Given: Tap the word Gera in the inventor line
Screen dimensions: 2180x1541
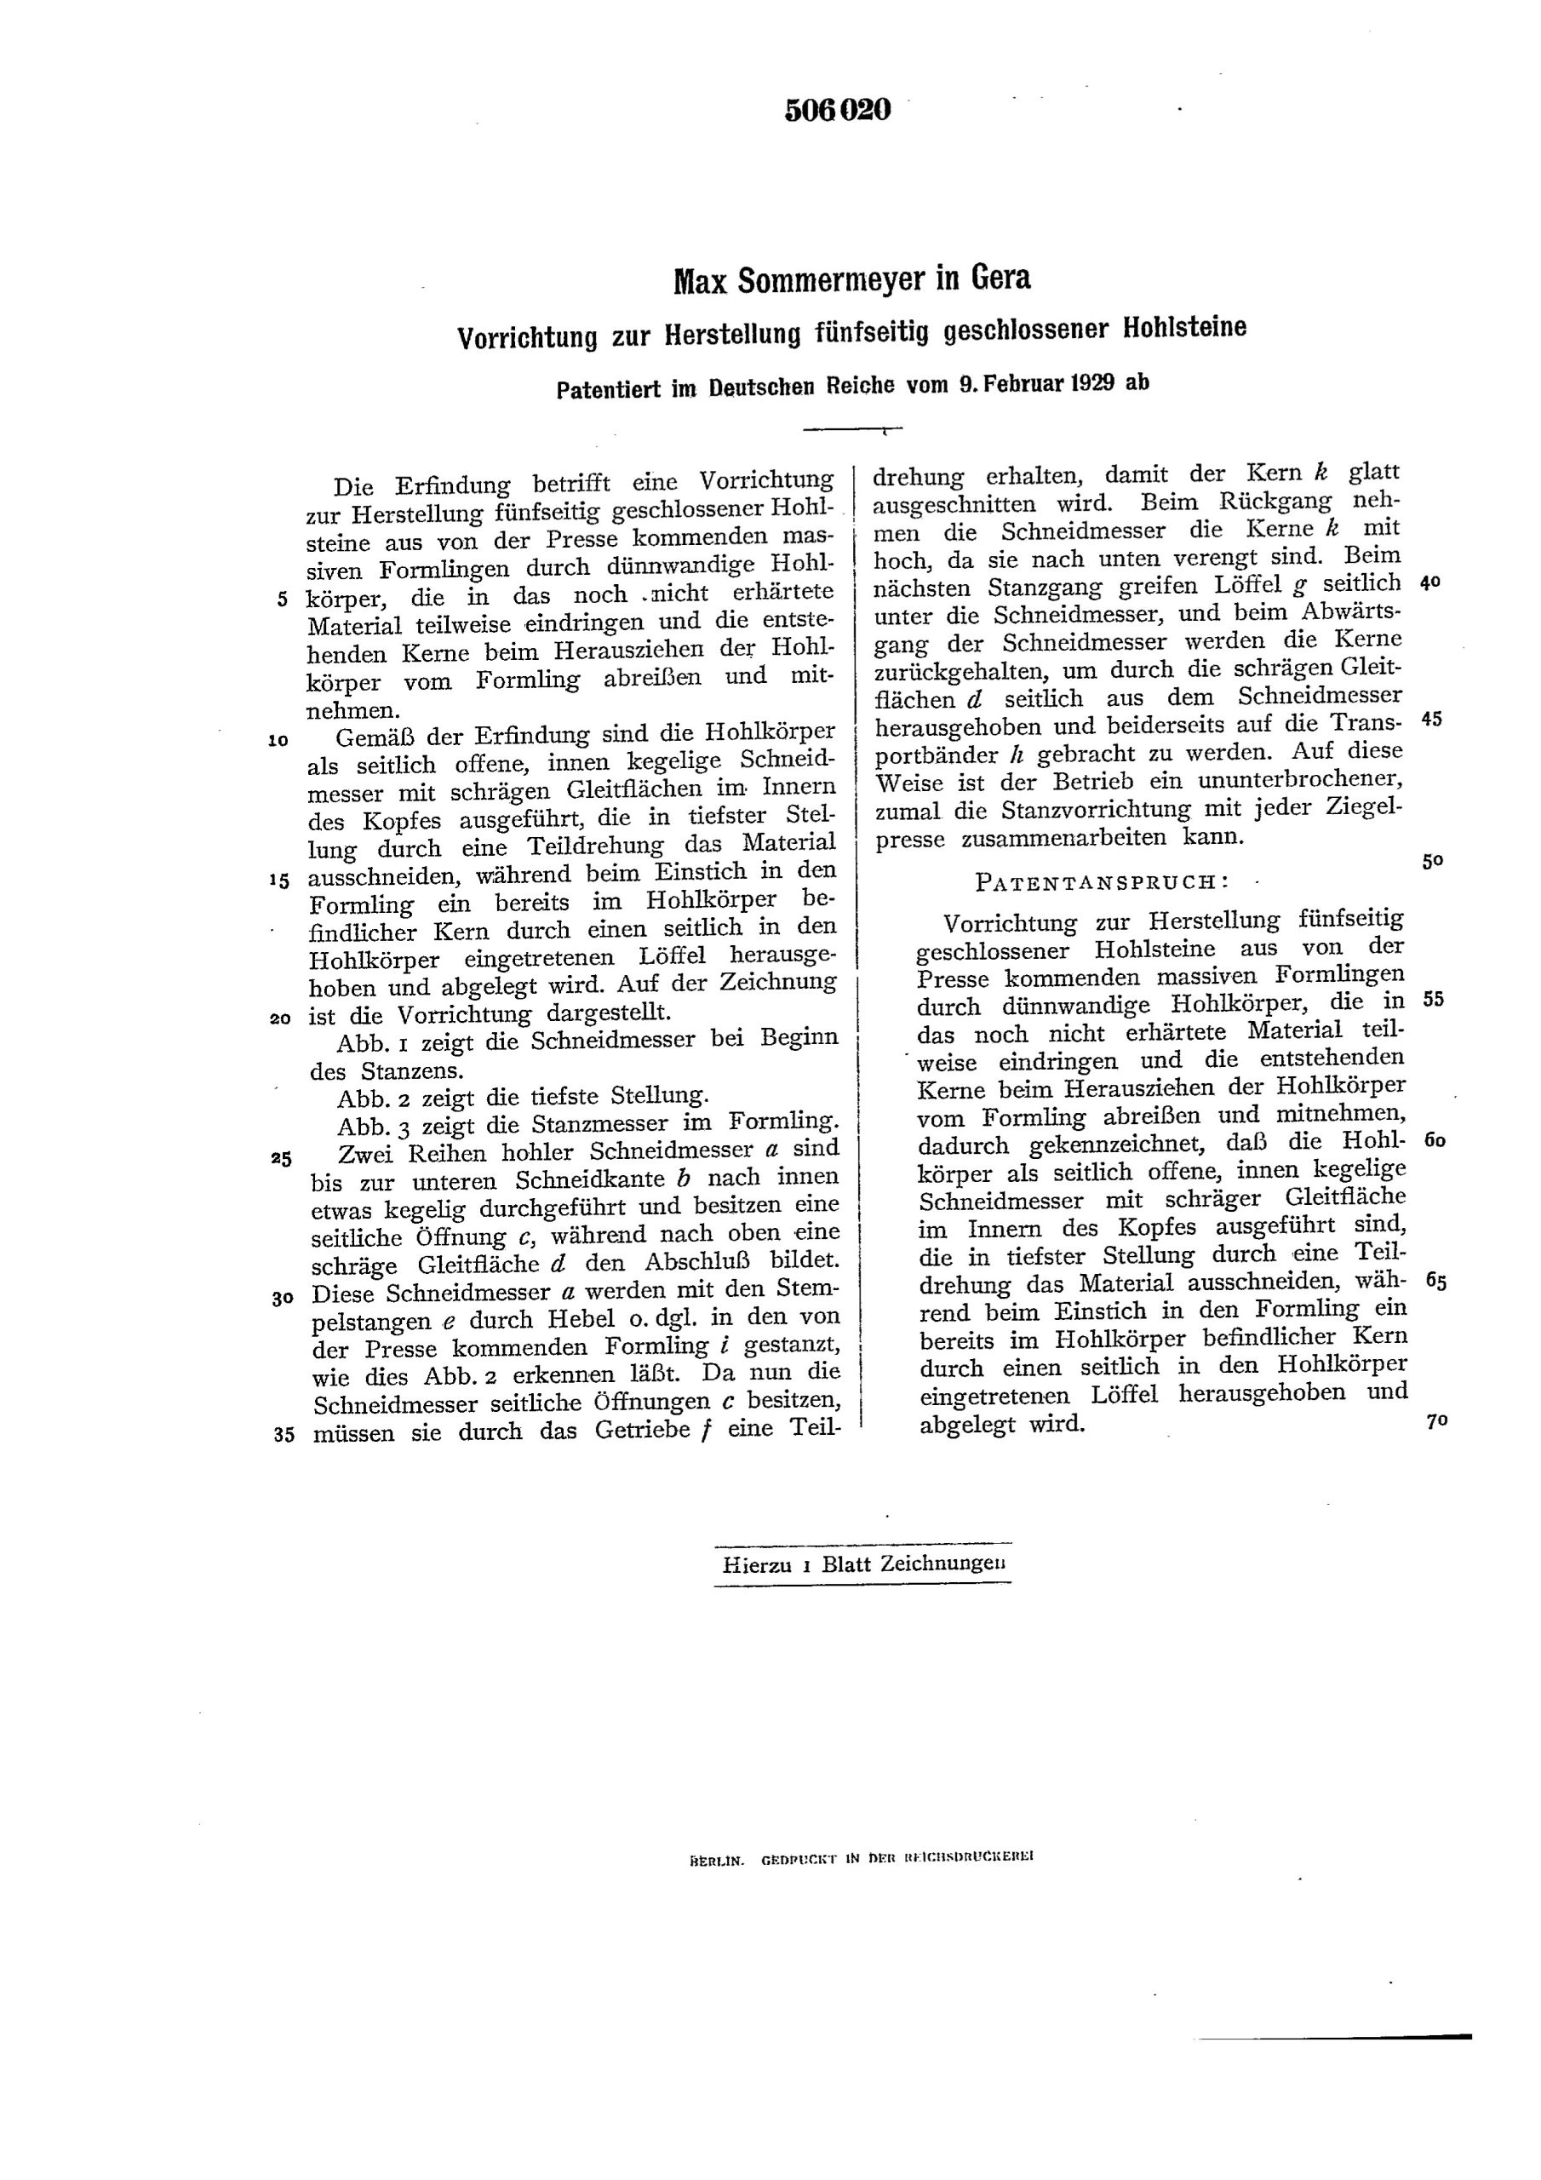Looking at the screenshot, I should point(999,278).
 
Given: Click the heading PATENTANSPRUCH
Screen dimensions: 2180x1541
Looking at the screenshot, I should point(1102,881).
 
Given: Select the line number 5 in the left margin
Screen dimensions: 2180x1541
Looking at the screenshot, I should point(282,600).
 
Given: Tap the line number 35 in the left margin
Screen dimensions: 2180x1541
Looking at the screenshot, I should point(283,1435).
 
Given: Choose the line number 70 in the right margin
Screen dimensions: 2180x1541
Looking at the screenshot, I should point(1435,1421).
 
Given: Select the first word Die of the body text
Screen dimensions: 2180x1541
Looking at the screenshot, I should point(355,486).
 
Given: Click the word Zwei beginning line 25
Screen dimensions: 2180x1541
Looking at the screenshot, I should point(365,1154).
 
